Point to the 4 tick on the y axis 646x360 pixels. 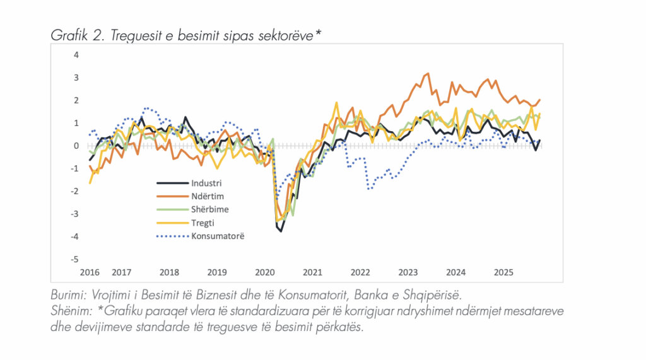76,54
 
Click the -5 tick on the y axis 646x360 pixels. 75,259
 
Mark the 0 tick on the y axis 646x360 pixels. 76,146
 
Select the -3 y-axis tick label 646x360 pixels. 75,214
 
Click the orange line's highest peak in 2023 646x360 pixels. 428,74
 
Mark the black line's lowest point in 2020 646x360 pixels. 281,231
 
